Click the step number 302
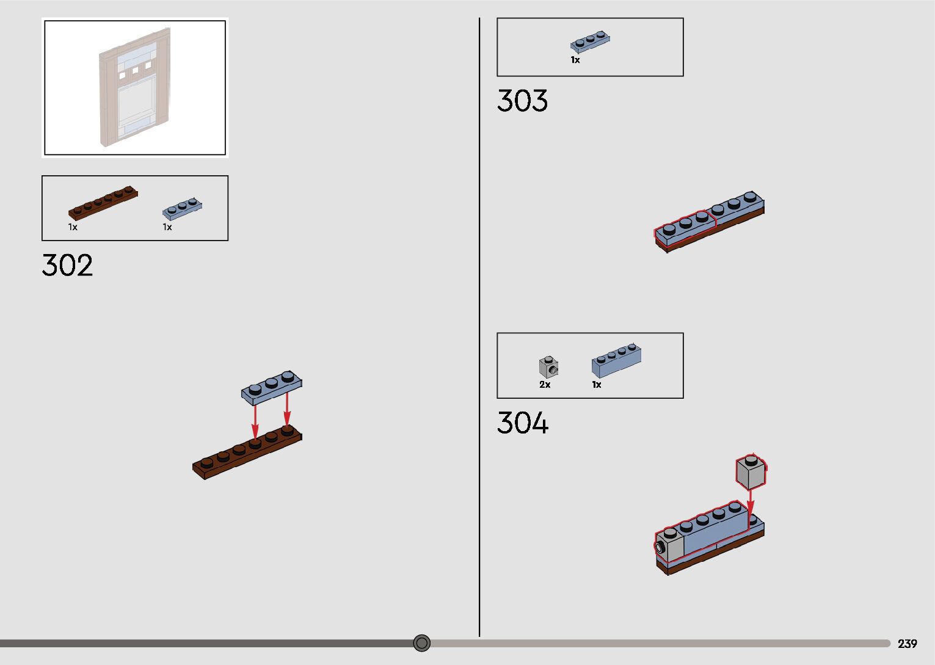(67, 266)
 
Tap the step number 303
(522, 101)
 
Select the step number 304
(523, 423)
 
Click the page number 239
(907, 644)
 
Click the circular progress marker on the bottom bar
(421, 643)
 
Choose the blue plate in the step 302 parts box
(182, 208)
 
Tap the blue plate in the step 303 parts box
(590, 41)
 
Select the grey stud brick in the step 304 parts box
(548, 366)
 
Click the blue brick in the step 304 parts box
(616, 361)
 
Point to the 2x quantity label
(545, 385)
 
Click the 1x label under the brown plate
(73, 227)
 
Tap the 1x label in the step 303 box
(575, 60)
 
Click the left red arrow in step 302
(255, 421)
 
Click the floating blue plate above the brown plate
(272, 387)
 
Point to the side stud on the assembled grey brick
(660, 547)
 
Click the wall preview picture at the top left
(134, 88)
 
